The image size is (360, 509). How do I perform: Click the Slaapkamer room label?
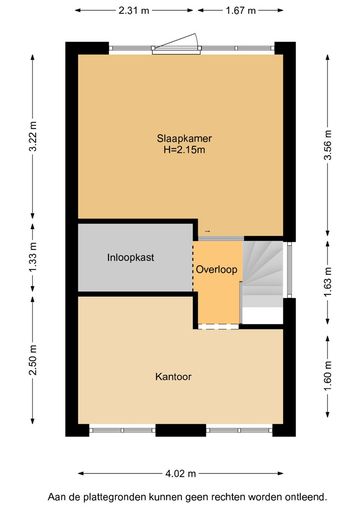pyautogui.click(x=184, y=138)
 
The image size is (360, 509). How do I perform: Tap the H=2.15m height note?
pyautogui.click(x=184, y=150)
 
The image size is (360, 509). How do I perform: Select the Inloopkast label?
pyautogui.click(x=131, y=258)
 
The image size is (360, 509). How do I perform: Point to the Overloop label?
pyautogui.click(x=217, y=269)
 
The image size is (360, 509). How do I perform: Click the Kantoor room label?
pyautogui.click(x=173, y=377)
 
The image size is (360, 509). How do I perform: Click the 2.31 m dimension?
pyautogui.click(x=134, y=11)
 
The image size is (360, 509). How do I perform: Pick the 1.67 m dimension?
pyautogui.click(x=241, y=11)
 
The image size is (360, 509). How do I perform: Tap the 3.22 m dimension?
pyautogui.click(x=33, y=137)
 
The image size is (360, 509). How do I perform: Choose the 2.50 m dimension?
pyautogui.click(x=33, y=360)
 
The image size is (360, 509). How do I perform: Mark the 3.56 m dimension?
pyautogui.click(x=328, y=145)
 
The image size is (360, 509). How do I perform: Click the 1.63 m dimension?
pyautogui.click(x=328, y=282)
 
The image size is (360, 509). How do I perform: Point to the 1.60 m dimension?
pyautogui.click(x=328, y=376)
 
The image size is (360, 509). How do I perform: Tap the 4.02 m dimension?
pyautogui.click(x=181, y=473)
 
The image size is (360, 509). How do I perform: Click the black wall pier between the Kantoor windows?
pyautogui.click(x=181, y=430)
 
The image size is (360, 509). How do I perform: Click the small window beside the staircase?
pyautogui.click(x=289, y=269)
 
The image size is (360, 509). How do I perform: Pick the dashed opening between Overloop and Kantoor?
pyautogui.click(x=219, y=326)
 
